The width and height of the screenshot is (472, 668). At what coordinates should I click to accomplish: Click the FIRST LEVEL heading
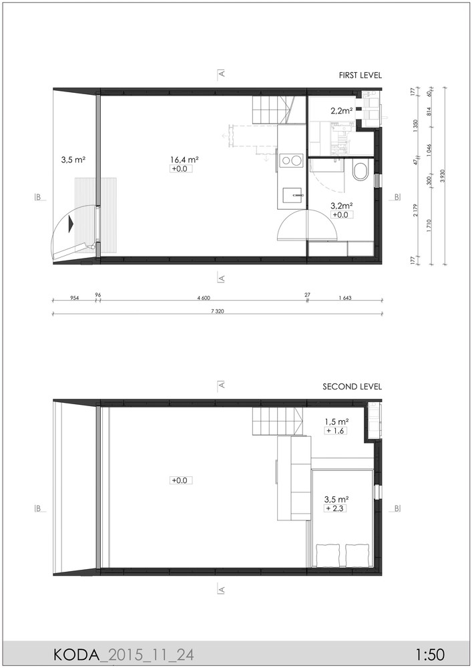click(360, 75)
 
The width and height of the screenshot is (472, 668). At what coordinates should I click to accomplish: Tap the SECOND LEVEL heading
click(352, 387)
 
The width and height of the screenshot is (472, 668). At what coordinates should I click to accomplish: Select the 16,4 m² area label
click(185, 160)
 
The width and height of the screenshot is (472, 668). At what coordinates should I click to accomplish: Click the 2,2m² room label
click(341, 111)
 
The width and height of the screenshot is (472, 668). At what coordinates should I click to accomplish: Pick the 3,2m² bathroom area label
click(341, 206)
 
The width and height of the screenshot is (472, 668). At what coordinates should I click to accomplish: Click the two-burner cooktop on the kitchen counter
click(290, 160)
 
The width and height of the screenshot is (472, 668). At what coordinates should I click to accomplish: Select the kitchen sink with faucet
click(292, 194)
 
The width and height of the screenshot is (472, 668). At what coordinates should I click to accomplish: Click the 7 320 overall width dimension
click(217, 311)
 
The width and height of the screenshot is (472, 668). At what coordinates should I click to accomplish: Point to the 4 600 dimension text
click(204, 298)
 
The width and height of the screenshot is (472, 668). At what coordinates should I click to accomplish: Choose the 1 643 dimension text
click(345, 298)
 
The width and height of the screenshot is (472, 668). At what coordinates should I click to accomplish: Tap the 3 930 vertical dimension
click(443, 176)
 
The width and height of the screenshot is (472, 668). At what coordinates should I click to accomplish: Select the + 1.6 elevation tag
click(335, 431)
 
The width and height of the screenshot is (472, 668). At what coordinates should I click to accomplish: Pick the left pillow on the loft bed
click(328, 554)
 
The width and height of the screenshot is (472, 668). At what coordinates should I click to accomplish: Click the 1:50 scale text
click(431, 653)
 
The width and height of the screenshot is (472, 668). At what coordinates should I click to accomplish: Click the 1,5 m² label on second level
click(336, 422)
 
